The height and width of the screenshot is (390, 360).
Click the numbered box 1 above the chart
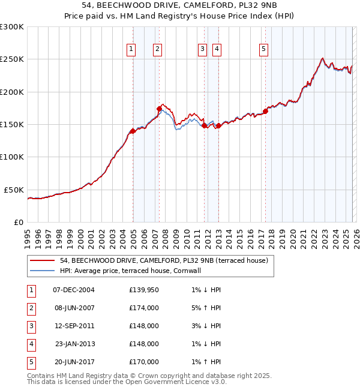click(131, 49)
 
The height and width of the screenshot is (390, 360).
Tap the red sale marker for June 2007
click(159, 109)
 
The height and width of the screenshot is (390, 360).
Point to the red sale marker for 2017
click(265, 112)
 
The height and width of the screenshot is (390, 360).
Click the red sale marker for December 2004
click(133, 131)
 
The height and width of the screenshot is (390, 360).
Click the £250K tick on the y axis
click(13, 59)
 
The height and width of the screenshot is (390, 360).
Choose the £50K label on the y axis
click(14, 190)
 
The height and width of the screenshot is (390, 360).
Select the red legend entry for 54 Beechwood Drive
click(167, 260)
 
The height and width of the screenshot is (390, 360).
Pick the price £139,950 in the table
click(144, 290)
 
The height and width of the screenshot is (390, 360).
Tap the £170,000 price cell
click(144, 362)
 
